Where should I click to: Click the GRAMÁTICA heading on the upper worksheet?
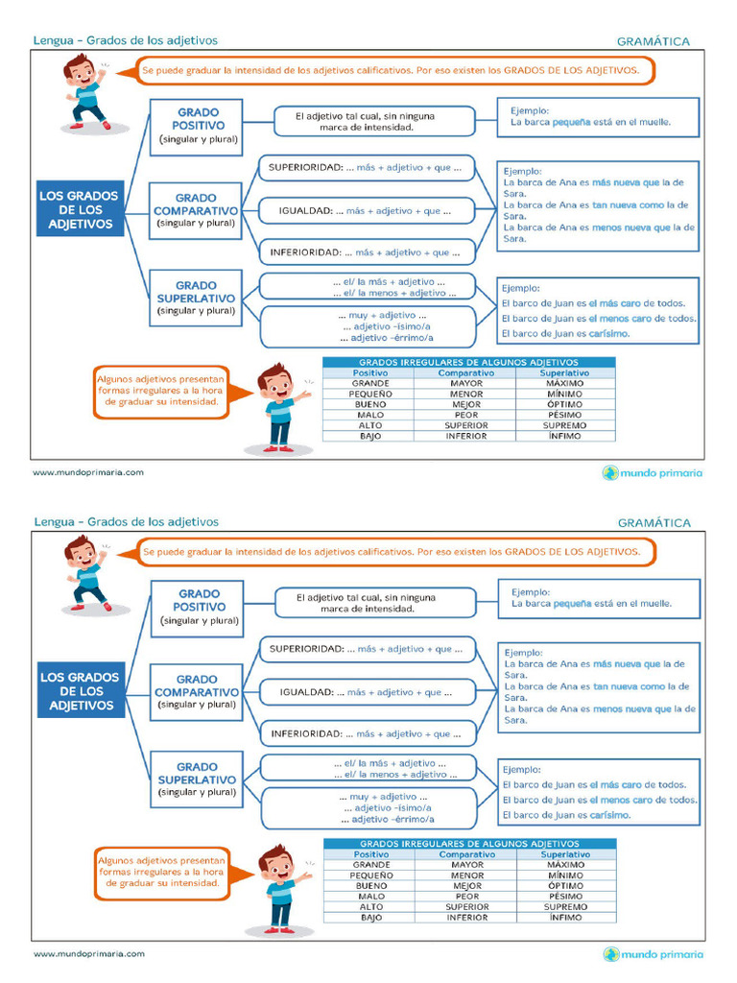point(654,41)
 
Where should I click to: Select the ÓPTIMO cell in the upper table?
point(565,404)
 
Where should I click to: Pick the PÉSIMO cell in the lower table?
point(565,896)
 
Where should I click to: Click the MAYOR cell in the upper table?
point(466,383)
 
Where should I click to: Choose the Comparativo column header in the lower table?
point(467,854)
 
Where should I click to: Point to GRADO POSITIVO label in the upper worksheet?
point(199,119)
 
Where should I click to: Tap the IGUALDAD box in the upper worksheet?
point(367,210)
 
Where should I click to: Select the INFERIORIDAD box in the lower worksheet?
point(368,734)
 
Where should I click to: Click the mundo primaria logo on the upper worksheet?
point(653,472)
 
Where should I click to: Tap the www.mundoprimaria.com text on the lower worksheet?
point(89,954)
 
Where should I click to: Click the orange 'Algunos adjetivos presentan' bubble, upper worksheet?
point(161,392)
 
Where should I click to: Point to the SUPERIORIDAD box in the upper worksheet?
point(367,168)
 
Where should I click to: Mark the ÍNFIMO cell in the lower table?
point(565,917)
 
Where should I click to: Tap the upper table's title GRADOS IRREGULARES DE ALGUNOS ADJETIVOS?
point(468,362)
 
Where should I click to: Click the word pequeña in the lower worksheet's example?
point(574,604)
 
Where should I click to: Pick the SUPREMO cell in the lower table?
point(565,906)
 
